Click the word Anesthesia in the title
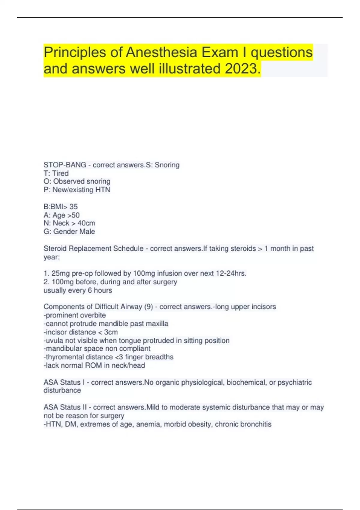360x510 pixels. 161,52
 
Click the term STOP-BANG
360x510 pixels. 65,165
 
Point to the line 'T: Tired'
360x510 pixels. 56,173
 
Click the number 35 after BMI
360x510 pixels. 73,207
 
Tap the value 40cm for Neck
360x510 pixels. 86,223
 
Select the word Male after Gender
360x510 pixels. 87,232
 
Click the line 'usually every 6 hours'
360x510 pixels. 78,290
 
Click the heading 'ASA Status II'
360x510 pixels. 65,407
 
